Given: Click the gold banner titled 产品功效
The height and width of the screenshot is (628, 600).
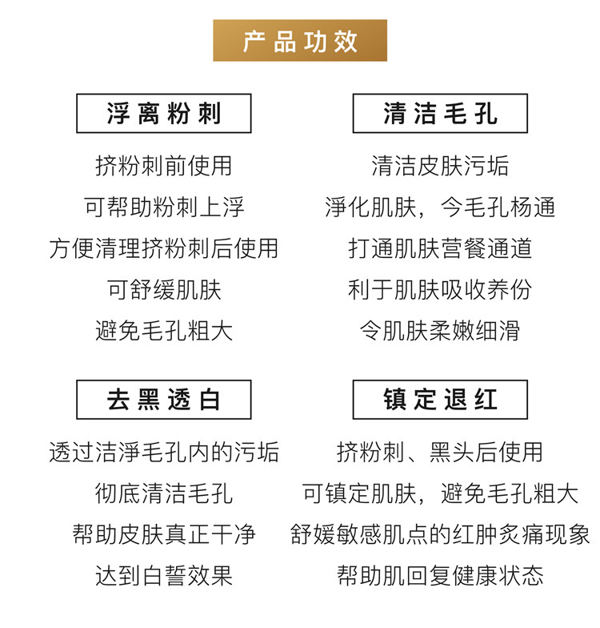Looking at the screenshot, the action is [300, 41].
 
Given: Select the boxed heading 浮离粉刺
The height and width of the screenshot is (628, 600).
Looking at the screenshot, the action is [163, 114].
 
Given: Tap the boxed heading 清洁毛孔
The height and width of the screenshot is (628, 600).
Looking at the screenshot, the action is [440, 114].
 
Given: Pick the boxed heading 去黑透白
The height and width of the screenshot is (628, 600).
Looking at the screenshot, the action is [163, 399].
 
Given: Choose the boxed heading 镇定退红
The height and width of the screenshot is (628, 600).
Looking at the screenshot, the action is [440, 399].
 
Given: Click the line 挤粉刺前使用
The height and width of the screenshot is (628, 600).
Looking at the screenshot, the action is [163, 166].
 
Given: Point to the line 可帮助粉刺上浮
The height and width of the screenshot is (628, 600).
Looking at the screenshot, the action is [163, 207].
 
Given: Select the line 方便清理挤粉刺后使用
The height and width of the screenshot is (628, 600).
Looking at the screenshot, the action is [163, 248].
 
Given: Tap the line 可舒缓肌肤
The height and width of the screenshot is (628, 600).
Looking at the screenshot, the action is [163, 289].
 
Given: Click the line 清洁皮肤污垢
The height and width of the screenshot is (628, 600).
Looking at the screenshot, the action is [440, 166].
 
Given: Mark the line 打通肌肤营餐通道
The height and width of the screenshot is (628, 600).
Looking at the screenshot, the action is [440, 248].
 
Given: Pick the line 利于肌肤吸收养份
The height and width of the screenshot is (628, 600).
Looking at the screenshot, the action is [440, 289].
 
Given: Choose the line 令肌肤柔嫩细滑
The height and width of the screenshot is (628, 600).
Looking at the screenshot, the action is [440, 330].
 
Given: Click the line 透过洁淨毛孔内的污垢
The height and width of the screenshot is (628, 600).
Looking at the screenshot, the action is [163, 452].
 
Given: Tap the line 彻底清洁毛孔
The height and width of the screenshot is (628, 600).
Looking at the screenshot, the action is [163, 493].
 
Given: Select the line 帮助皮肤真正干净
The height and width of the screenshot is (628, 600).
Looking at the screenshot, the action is [163, 534].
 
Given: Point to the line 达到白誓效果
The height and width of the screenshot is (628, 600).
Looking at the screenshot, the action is [163, 575].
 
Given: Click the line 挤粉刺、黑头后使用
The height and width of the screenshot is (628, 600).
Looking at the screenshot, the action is [440, 452].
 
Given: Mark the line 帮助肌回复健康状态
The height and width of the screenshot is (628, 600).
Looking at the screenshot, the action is [440, 575].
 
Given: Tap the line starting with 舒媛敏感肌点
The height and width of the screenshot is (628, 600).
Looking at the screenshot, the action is [440, 534].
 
